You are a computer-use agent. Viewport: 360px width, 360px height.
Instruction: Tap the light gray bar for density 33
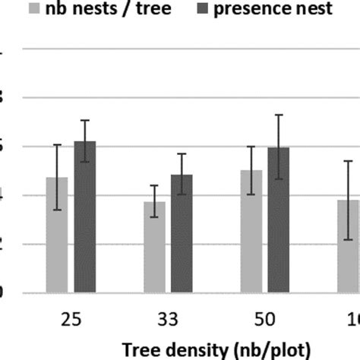pyautogui.click(x=154, y=247)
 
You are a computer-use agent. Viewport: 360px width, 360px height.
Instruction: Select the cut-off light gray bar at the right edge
pyautogui.click(x=348, y=247)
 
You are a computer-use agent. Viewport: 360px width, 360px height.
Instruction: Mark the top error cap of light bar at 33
pyautogui.click(x=154, y=185)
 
